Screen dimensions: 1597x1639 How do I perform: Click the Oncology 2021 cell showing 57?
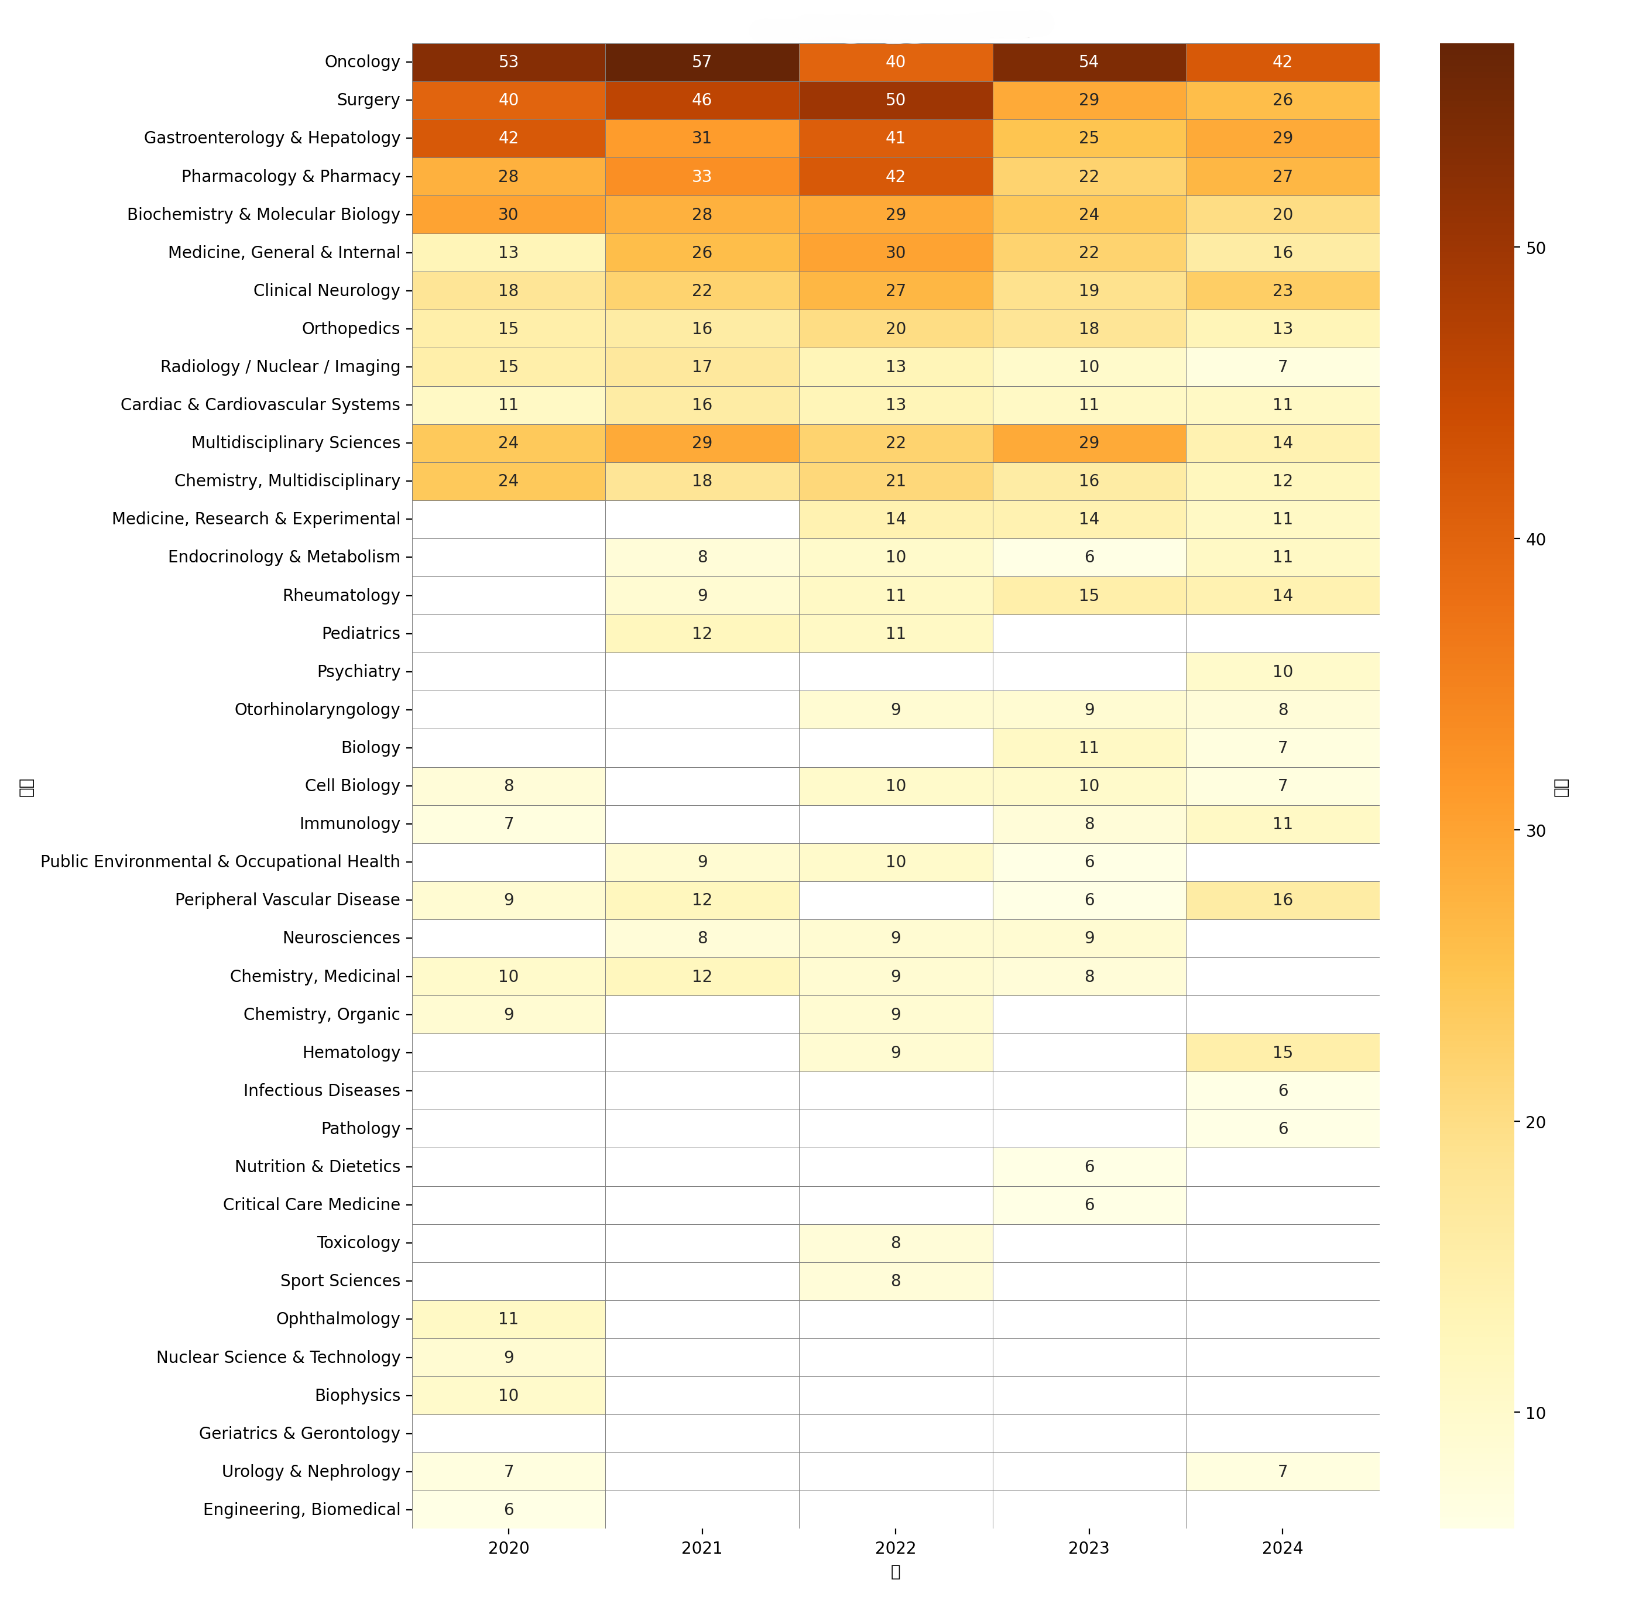701,62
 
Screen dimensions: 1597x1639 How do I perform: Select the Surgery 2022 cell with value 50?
895,100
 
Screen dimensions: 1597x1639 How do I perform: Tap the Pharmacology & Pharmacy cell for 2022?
895,176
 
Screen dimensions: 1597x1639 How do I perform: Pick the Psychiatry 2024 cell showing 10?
1282,671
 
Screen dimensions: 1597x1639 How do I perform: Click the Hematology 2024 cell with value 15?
1282,1052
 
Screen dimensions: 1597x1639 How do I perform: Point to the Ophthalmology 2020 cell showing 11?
508,1318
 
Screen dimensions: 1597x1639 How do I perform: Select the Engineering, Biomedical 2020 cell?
508,1509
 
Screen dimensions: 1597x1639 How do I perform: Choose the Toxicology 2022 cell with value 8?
895,1242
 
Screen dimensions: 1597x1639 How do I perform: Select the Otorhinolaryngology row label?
317,710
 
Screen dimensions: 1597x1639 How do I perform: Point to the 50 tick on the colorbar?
1535,248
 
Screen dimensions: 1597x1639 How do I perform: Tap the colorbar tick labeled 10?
1535,1413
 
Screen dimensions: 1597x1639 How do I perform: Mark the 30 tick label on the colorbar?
1535,830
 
